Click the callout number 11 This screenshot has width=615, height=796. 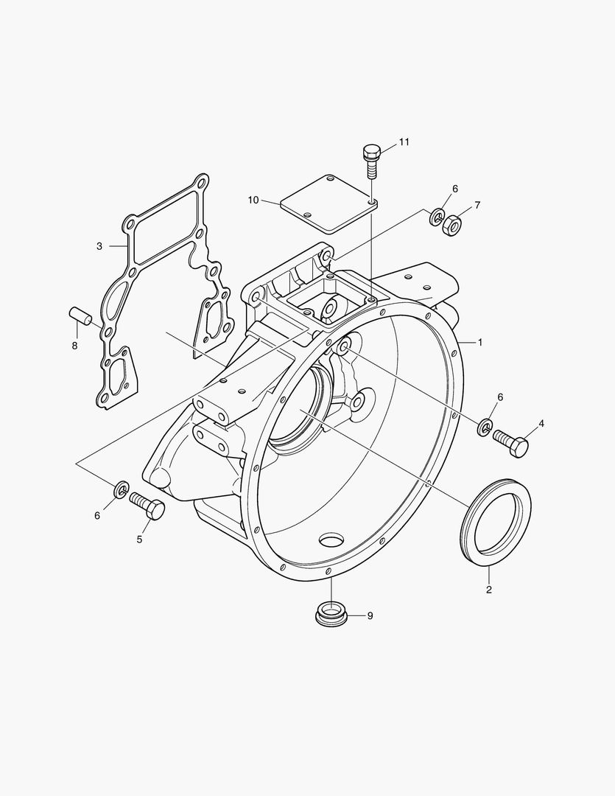point(404,142)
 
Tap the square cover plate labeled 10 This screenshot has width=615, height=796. point(328,204)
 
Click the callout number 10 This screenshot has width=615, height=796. point(253,200)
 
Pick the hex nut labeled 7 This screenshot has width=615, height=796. point(451,223)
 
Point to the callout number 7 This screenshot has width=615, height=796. point(477,205)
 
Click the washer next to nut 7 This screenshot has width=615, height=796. point(436,217)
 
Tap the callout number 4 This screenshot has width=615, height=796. point(541,423)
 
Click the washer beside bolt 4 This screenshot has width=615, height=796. point(484,427)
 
